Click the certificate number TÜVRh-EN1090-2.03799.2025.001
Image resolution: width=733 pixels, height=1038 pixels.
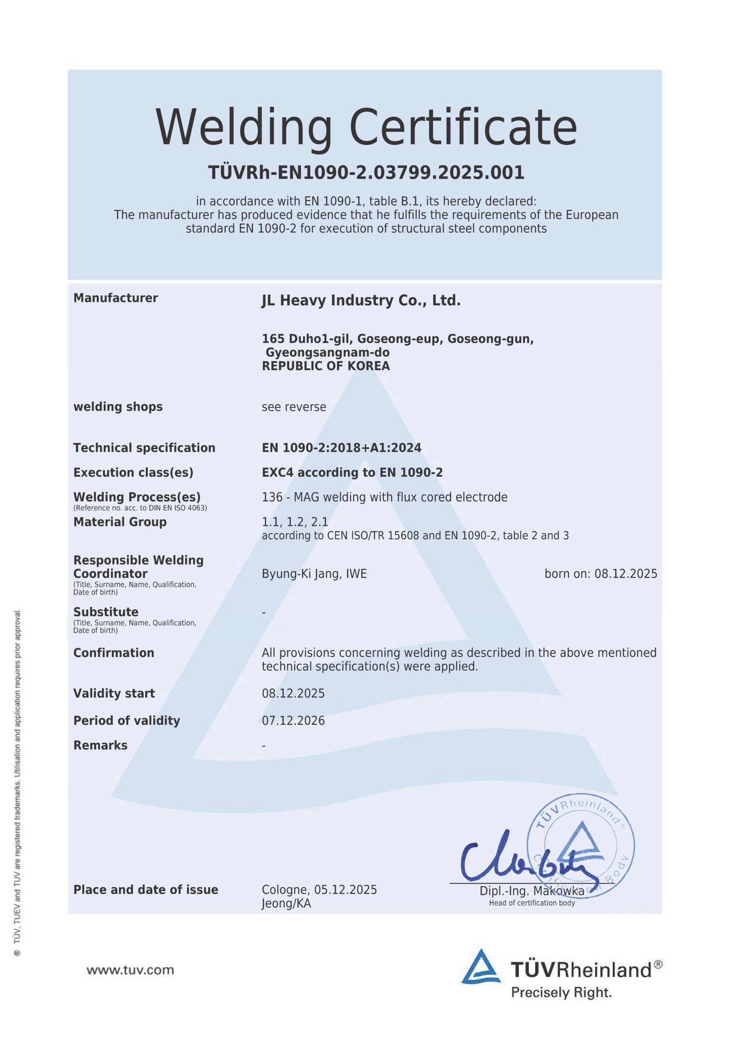[x=366, y=173]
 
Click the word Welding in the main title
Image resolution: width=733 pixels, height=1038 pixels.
[x=243, y=128]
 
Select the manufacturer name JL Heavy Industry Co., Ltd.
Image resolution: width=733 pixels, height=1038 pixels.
[x=361, y=300]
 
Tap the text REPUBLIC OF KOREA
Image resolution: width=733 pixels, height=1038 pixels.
[x=326, y=366]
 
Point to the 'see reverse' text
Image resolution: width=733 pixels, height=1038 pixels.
[x=294, y=407]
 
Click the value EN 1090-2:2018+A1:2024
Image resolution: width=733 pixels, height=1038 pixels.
[x=341, y=448]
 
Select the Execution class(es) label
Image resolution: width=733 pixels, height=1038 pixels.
[x=133, y=472]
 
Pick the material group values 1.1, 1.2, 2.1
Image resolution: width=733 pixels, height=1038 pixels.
[x=294, y=522]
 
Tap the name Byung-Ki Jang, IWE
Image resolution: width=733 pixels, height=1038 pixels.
[x=314, y=574]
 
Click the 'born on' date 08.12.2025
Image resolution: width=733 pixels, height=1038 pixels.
[x=626, y=574]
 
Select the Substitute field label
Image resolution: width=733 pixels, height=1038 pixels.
[x=106, y=612]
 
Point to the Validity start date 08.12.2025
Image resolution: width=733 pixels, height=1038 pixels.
[x=293, y=693]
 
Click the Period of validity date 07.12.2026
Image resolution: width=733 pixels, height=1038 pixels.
[x=293, y=720]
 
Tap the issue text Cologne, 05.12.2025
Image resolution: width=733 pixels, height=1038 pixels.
[x=319, y=890]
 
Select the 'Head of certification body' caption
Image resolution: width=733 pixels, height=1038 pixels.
[x=532, y=903]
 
